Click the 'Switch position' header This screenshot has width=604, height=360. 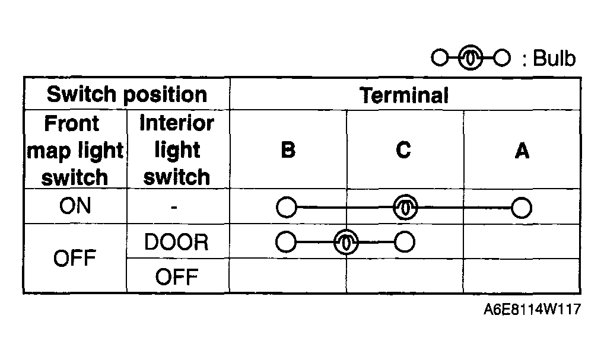tap(127, 94)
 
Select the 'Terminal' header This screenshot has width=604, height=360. tap(403, 95)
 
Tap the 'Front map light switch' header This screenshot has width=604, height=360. tap(75, 150)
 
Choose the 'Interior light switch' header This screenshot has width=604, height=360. tap(177, 150)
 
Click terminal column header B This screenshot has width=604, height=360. tap(288, 150)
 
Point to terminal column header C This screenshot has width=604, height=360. tap(403, 150)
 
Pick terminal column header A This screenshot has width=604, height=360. tap(522, 150)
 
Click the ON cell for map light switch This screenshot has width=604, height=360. tap(75, 206)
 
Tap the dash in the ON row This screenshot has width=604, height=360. tap(174, 208)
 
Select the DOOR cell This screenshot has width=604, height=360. tap(176, 242)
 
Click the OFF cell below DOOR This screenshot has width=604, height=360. tap(177, 277)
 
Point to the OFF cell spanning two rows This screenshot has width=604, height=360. tap(74, 258)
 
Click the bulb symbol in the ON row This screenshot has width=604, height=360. tap(405, 207)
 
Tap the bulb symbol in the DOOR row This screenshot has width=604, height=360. tap(346, 242)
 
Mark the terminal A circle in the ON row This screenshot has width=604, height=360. tap(522, 208)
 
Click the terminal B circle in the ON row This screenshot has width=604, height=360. tap(287, 208)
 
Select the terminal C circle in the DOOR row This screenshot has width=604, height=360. tap(405, 242)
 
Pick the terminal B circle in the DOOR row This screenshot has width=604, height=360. tap(286, 242)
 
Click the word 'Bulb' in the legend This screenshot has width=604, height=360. tap(554, 59)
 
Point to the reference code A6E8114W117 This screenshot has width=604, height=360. tap(532, 309)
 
